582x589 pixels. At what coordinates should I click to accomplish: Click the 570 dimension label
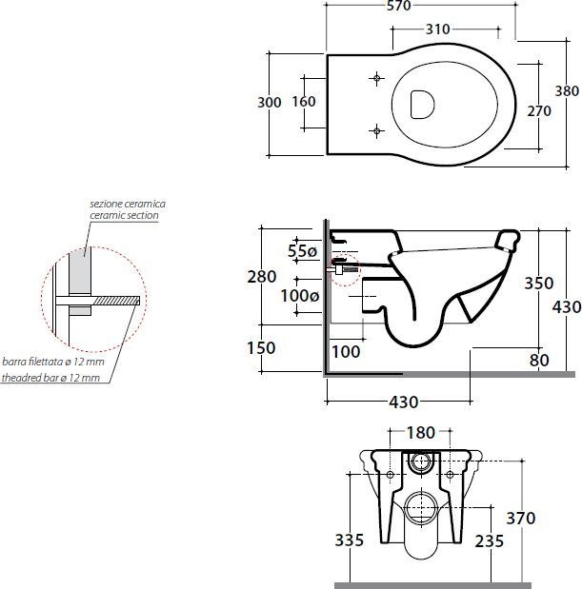pyautogui.click(x=399, y=6)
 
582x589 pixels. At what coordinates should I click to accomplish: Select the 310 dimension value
pyautogui.click(x=437, y=29)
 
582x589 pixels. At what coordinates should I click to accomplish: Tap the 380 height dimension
pyautogui.click(x=567, y=91)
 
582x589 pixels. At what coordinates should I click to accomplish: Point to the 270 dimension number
pyautogui.click(x=539, y=111)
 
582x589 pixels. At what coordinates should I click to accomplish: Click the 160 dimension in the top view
pyautogui.click(x=304, y=102)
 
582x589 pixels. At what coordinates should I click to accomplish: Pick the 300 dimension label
pyautogui.click(x=270, y=103)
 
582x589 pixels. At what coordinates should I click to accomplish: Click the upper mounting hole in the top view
pyautogui.click(x=376, y=78)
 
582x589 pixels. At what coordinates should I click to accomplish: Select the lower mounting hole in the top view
pyautogui.click(x=376, y=130)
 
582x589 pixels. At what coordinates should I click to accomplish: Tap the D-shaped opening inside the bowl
pyautogui.click(x=422, y=105)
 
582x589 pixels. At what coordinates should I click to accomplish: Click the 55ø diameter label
pyautogui.click(x=302, y=251)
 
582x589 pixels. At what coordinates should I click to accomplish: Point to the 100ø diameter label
pyautogui.click(x=300, y=296)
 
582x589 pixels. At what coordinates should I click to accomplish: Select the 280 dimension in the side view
pyautogui.click(x=262, y=277)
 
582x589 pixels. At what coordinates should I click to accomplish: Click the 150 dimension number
pyautogui.click(x=261, y=348)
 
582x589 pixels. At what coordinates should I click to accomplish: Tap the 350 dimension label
pyautogui.click(x=539, y=284)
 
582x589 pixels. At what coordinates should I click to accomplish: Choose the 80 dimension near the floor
pyautogui.click(x=539, y=361)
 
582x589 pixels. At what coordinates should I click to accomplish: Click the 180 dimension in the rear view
pyautogui.click(x=421, y=433)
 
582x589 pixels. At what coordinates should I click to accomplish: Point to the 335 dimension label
pyautogui.click(x=350, y=540)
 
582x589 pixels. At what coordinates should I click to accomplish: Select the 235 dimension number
pyautogui.click(x=490, y=541)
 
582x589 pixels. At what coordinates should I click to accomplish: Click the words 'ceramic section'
pyautogui.click(x=124, y=215)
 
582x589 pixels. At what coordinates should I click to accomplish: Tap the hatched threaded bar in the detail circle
pyautogui.click(x=116, y=301)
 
